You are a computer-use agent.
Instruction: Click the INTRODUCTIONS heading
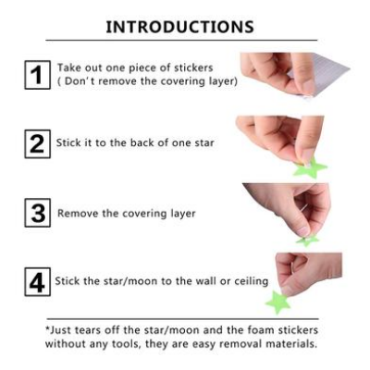coord(179,26)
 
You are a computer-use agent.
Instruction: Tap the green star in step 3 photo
coord(308,240)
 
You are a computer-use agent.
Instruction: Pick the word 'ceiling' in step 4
coord(248,281)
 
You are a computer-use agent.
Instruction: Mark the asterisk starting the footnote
coord(48,328)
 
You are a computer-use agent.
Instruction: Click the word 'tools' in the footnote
coord(129,344)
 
